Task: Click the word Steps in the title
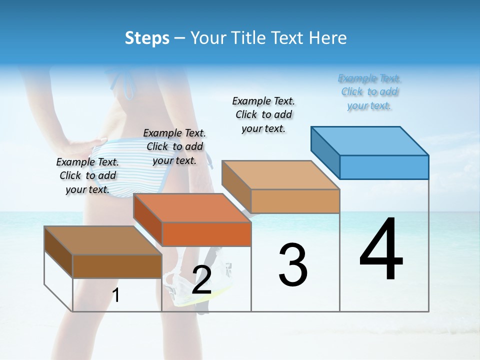pos(147,38)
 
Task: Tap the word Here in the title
pos(327,38)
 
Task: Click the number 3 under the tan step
pos(293,264)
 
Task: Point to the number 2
pos(201,280)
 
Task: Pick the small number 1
pos(116,295)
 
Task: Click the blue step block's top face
pos(370,141)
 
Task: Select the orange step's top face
pos(192,208)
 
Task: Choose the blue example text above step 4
pos(369,92)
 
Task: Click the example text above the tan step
pos(264,114)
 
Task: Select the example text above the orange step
pos(174,146)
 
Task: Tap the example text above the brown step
pos(87,175)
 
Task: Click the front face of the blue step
pos(384,167)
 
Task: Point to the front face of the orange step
pos(206,234)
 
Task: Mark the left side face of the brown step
pos(58,252)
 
